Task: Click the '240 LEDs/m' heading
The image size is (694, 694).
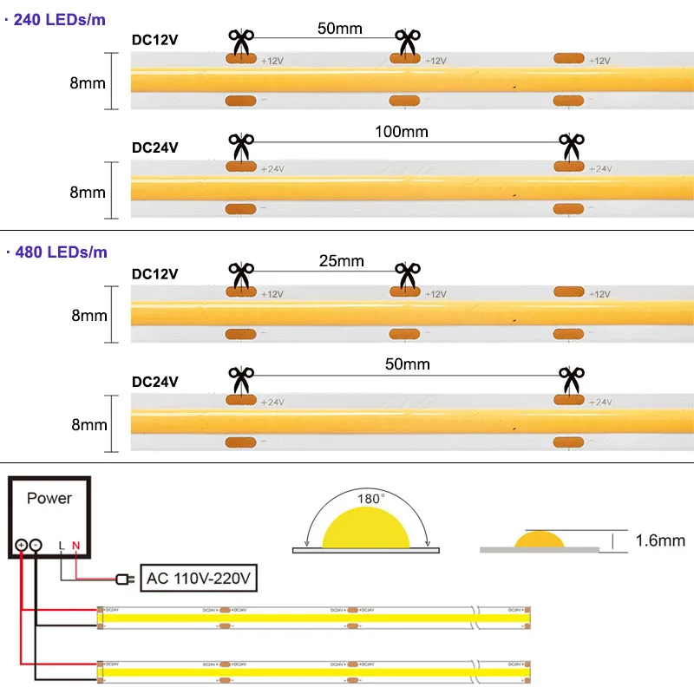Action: (x=60, y=19)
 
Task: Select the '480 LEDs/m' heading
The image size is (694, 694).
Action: (x=60, y=252)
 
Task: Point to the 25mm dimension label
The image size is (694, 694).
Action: (x=342, y=261)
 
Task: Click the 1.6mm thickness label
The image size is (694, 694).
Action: (x=660, y=540)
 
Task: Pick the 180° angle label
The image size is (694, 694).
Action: (x=369, y=500)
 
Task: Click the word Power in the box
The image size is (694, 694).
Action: (x=49, y=498)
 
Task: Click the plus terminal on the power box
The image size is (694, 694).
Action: (x=21, y=546)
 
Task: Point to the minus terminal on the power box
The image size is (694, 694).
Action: (x=36, y=546)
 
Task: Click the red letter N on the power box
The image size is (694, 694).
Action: (x=75, y=546)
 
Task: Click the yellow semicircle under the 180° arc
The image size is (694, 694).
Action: (x=364, y=529)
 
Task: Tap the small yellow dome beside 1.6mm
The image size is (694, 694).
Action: (x=540, y=540)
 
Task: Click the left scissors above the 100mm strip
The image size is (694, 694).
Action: (x=240, y=145)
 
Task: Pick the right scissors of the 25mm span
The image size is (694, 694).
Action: (x=406, y=275)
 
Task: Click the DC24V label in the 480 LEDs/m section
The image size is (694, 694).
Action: (x=154, y=381)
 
